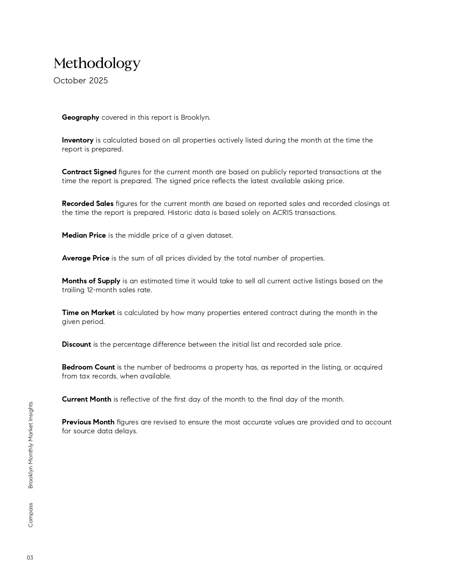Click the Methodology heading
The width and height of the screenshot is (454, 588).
tap(97, 63)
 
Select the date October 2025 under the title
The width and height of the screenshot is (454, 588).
tap(80, 81)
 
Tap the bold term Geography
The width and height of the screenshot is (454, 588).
tap(80, 117)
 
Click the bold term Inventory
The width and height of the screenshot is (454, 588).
tap(78, 140)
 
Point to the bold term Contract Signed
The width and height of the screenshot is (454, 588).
tap(89, 172)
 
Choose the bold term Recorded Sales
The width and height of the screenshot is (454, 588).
tap(88, 203)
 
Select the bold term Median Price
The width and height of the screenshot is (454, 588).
tap(84, 235)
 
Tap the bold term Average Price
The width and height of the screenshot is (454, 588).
tap(85, 258)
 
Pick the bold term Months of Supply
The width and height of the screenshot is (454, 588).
tap(91, 281)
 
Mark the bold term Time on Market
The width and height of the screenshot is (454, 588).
tap(88, 313)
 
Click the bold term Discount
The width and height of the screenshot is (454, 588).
tap(76, 344)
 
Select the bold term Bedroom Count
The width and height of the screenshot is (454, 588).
tap(88, 367)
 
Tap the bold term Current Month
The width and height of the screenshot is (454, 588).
tap(87, 399)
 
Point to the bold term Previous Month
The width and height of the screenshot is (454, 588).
tap(88, 422)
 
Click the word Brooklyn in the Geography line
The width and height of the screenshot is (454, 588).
tap(195, 117)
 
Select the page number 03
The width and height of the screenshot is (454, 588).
tap(30, 558)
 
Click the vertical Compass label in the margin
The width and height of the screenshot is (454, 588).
tap(30, 515)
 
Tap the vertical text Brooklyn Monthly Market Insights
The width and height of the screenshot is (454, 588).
tap(30, 445)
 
